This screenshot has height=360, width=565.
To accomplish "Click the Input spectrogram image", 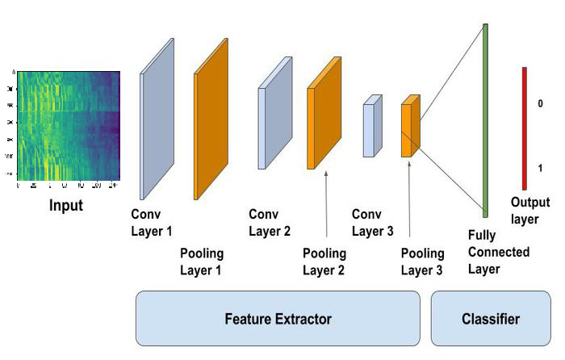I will click(x=68, y=125).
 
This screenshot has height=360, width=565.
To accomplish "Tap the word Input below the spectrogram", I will click(x=66, y=205).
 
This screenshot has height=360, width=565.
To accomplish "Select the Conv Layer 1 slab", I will click(x=157, y=119).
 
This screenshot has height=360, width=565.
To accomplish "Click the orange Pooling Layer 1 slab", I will click(x=211, y=119).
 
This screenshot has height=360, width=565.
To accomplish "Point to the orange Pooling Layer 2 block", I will click(x=322, y=115).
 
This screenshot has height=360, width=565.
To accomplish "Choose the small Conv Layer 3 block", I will click(x=371, y=126).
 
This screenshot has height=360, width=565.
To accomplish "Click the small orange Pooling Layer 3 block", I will click(x=410, y=126).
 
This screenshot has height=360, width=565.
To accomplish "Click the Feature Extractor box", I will click(x=278, y=319).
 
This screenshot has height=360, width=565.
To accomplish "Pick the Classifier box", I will click(x=490, y=319).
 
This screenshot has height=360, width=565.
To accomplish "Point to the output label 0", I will click(x=540, y=104).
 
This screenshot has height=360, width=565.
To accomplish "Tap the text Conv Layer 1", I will click(x=152, y=224).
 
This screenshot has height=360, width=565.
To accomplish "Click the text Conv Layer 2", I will click(x=270, y=224).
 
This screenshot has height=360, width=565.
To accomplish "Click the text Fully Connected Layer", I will click(x=499, y=252).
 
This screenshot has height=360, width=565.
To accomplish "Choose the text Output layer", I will click(x=530, y=210).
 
